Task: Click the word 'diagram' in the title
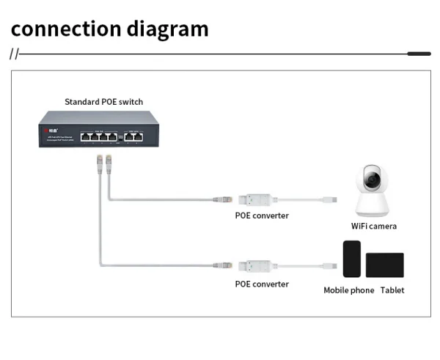click(x=163, y=29)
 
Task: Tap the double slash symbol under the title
click(x=14, y=54)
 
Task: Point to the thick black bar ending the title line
click(x=419, y=54)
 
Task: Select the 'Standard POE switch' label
click(x=103, y=101)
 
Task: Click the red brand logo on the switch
click(x=50, y=132)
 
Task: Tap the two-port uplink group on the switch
click(x=134, y=136)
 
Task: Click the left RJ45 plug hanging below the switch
click(x=97, y=164)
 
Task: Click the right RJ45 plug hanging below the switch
click(x=108, y=162)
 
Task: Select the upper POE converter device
click(x=259, y=199)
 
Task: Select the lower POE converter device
click(x=259, y=266)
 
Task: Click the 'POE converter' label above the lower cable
click(x=262, y=216)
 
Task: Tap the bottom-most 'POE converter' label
click(x=262, y=284)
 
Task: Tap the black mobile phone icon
click(x=353, y=258)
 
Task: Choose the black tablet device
click(x=385, y=265)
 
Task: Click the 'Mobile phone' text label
click(x=349, y=290)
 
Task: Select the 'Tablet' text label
click(x=392, y=290)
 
